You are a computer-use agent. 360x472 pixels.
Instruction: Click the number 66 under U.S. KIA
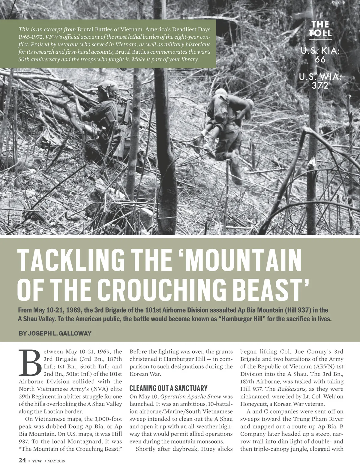coord(320,60)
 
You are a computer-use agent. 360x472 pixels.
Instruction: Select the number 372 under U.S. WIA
coord(320,86)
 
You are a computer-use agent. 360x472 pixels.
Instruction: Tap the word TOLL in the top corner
coord(320,33)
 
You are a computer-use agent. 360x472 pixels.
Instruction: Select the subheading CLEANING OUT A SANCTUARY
coord(168,388)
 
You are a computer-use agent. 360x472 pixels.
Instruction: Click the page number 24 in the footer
coord(22,460)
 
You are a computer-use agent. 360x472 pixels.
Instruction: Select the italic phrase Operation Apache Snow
coord(191,396)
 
